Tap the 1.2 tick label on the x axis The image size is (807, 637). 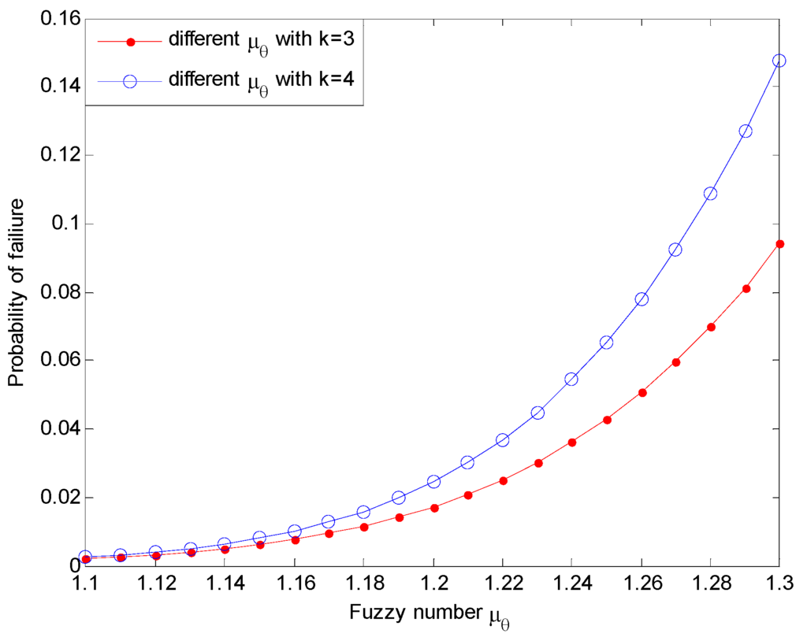point(433,585)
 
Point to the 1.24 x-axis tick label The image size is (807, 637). point(571,585)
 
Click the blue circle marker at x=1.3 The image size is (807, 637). point(779,61)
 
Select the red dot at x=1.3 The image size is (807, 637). point(779,244)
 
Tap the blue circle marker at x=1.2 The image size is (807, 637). point(433,481)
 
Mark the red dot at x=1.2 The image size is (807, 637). point(433,508)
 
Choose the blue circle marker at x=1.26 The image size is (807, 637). point(641,299)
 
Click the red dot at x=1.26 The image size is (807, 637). point(641,392)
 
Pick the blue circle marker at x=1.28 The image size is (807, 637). point(710,194)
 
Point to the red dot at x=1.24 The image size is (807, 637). point(571,443)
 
